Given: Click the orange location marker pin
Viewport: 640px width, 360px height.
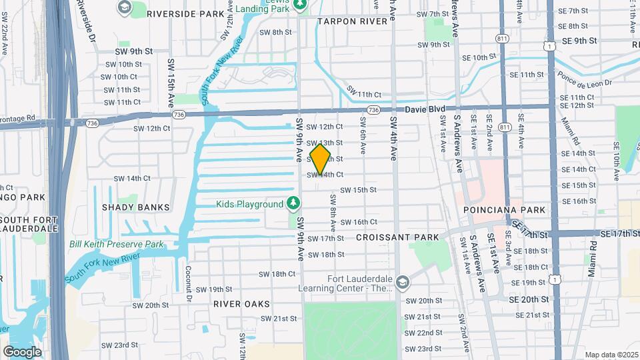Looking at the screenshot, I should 321,159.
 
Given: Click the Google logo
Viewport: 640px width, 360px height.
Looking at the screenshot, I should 22,351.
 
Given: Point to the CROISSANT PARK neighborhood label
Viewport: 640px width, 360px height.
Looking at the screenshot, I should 397,237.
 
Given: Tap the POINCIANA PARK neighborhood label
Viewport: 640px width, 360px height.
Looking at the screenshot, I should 505,210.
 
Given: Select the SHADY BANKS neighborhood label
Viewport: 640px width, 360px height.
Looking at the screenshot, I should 135,207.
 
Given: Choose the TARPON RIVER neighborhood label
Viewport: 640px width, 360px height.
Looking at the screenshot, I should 352,21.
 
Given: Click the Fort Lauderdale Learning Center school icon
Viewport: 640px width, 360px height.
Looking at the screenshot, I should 401,282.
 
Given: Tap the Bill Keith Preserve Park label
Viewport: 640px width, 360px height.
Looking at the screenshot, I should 117,245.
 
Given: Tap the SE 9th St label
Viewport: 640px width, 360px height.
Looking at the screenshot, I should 579,41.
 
